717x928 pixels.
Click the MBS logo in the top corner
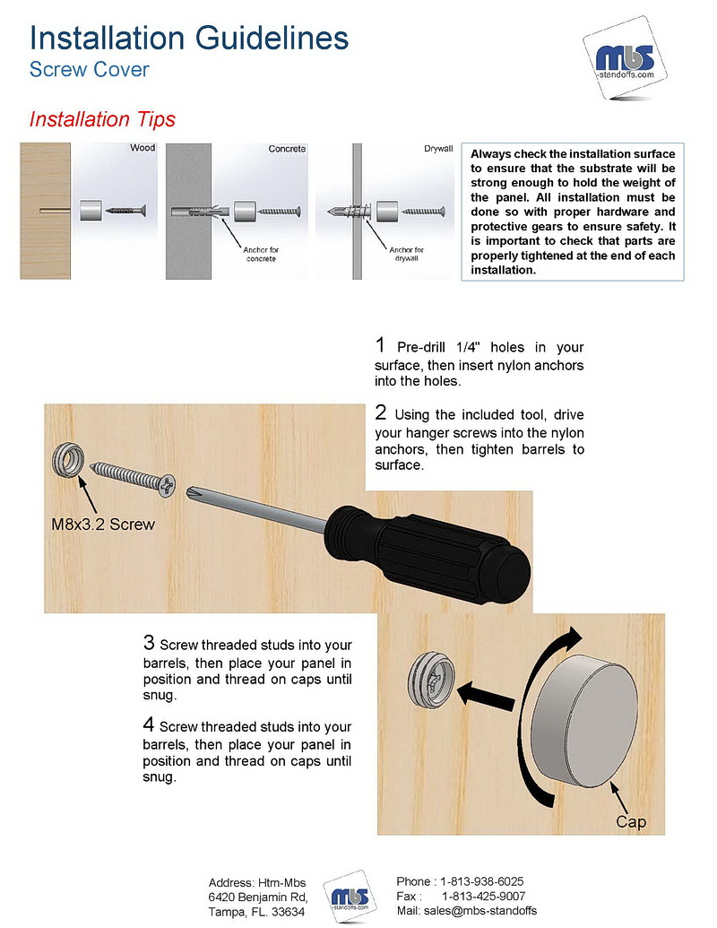click(x=625, y=59)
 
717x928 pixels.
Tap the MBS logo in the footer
click(x=350, y=896)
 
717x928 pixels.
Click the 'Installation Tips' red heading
click(x=102, y=119)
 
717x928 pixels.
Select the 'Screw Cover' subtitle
click(x=90, y=69)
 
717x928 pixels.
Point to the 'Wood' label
click(x=143, y=147)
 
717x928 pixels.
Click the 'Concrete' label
click(x=287, y=149)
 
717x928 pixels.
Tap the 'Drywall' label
click(x=438, y=148)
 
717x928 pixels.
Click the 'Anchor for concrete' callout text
click(x=261, y=254)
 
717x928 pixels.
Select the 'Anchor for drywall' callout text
click(x=406, y=254)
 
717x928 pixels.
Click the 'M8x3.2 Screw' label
click(x=103, y=524)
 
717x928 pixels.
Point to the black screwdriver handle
click(x=428, y=553)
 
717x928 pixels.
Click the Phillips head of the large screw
click(x=168, y=485)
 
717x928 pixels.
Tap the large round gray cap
click(x=584, y=722)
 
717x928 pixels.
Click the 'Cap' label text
click(x=631, y=821)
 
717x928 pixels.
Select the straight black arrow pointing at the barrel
click(x=486, y=693)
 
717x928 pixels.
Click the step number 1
click(x=380, y=344)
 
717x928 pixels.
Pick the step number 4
click(x=149, y=724)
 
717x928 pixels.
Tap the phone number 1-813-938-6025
click(x=482, y=881)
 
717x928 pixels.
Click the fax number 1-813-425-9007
click(x=483, y=896)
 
